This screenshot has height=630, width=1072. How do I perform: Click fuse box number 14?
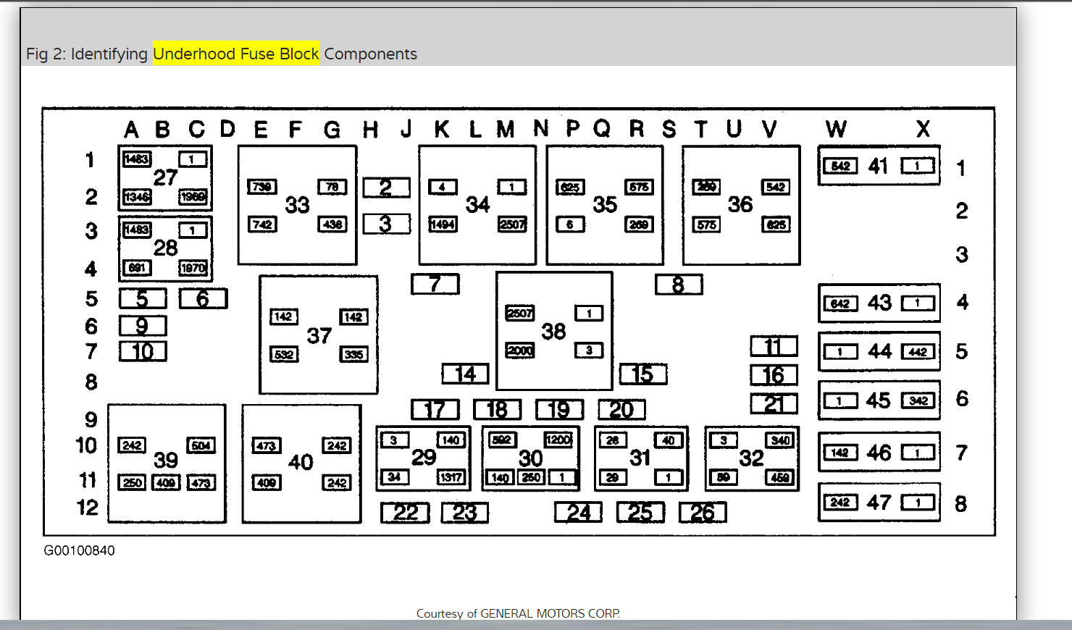coord(465,374)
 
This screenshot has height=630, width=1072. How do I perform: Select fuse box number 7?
coord(435,284)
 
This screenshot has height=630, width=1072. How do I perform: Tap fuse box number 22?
coord(405,513)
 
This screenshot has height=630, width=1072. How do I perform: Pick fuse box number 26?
coord(703,513)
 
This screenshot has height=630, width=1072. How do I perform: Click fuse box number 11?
coord(774,346)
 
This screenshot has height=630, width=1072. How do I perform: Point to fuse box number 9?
coord(143,326)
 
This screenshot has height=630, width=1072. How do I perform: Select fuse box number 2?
coord(386,188)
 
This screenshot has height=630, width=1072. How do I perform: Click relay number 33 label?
coord(297,205)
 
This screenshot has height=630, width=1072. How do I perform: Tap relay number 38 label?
coord(553,332)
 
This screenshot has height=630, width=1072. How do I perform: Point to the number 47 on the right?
coord(879,502)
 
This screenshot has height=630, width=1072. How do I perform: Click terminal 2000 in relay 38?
coord(520,350)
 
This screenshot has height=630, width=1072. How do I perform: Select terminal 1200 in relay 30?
coord(558,440)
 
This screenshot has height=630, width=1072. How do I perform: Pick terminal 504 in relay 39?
coord(201,445)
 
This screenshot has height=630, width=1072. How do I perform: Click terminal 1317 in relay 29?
coord(451,477)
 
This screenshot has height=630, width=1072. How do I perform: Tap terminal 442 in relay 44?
coord(918,352)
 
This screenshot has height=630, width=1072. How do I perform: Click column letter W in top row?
coord(836,129)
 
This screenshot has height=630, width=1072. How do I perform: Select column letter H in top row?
coord(370,130)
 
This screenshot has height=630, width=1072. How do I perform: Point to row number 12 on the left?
coord(88,508)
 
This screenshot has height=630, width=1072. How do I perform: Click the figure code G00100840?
coord(79,550)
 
